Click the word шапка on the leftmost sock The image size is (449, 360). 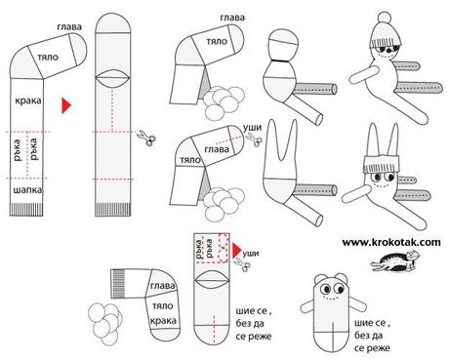click(x=27, y=190)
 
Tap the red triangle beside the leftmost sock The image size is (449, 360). click(x=66, y=105)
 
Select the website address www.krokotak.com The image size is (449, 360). click(x=391, y=242)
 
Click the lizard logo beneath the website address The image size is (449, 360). click(x=395, y=261)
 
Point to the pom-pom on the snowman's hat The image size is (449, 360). click(x=385, y=18)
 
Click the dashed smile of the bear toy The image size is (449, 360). click(x=330, y=297)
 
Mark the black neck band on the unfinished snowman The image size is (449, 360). click(x=280, y=60)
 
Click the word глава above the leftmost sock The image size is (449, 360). click(x=69, y=26)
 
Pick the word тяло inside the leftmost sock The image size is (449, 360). click(x=48, y=58)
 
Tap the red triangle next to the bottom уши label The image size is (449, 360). click(x=237, y=250)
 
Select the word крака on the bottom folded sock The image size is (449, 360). click(x=163, y=321)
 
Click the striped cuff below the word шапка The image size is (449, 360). click(x=26, y=210)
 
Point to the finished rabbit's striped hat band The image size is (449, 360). click(x=382, y=165)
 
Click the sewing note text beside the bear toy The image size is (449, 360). click(x=372, y=336)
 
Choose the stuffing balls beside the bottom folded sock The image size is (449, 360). click(x=104, y=323)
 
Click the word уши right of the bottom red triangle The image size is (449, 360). click(x=251, y=253)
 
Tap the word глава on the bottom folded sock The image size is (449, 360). click(x=162, y=286)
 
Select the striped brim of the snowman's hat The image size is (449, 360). click(x=386, y=42)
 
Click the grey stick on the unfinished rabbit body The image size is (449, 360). click(x=315, y=189)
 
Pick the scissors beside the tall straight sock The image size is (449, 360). click(x=146, y=139)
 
